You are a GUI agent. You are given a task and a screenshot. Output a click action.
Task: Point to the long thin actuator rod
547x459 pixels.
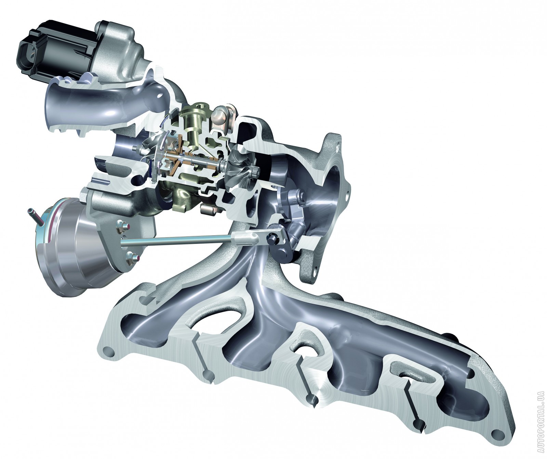178,239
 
